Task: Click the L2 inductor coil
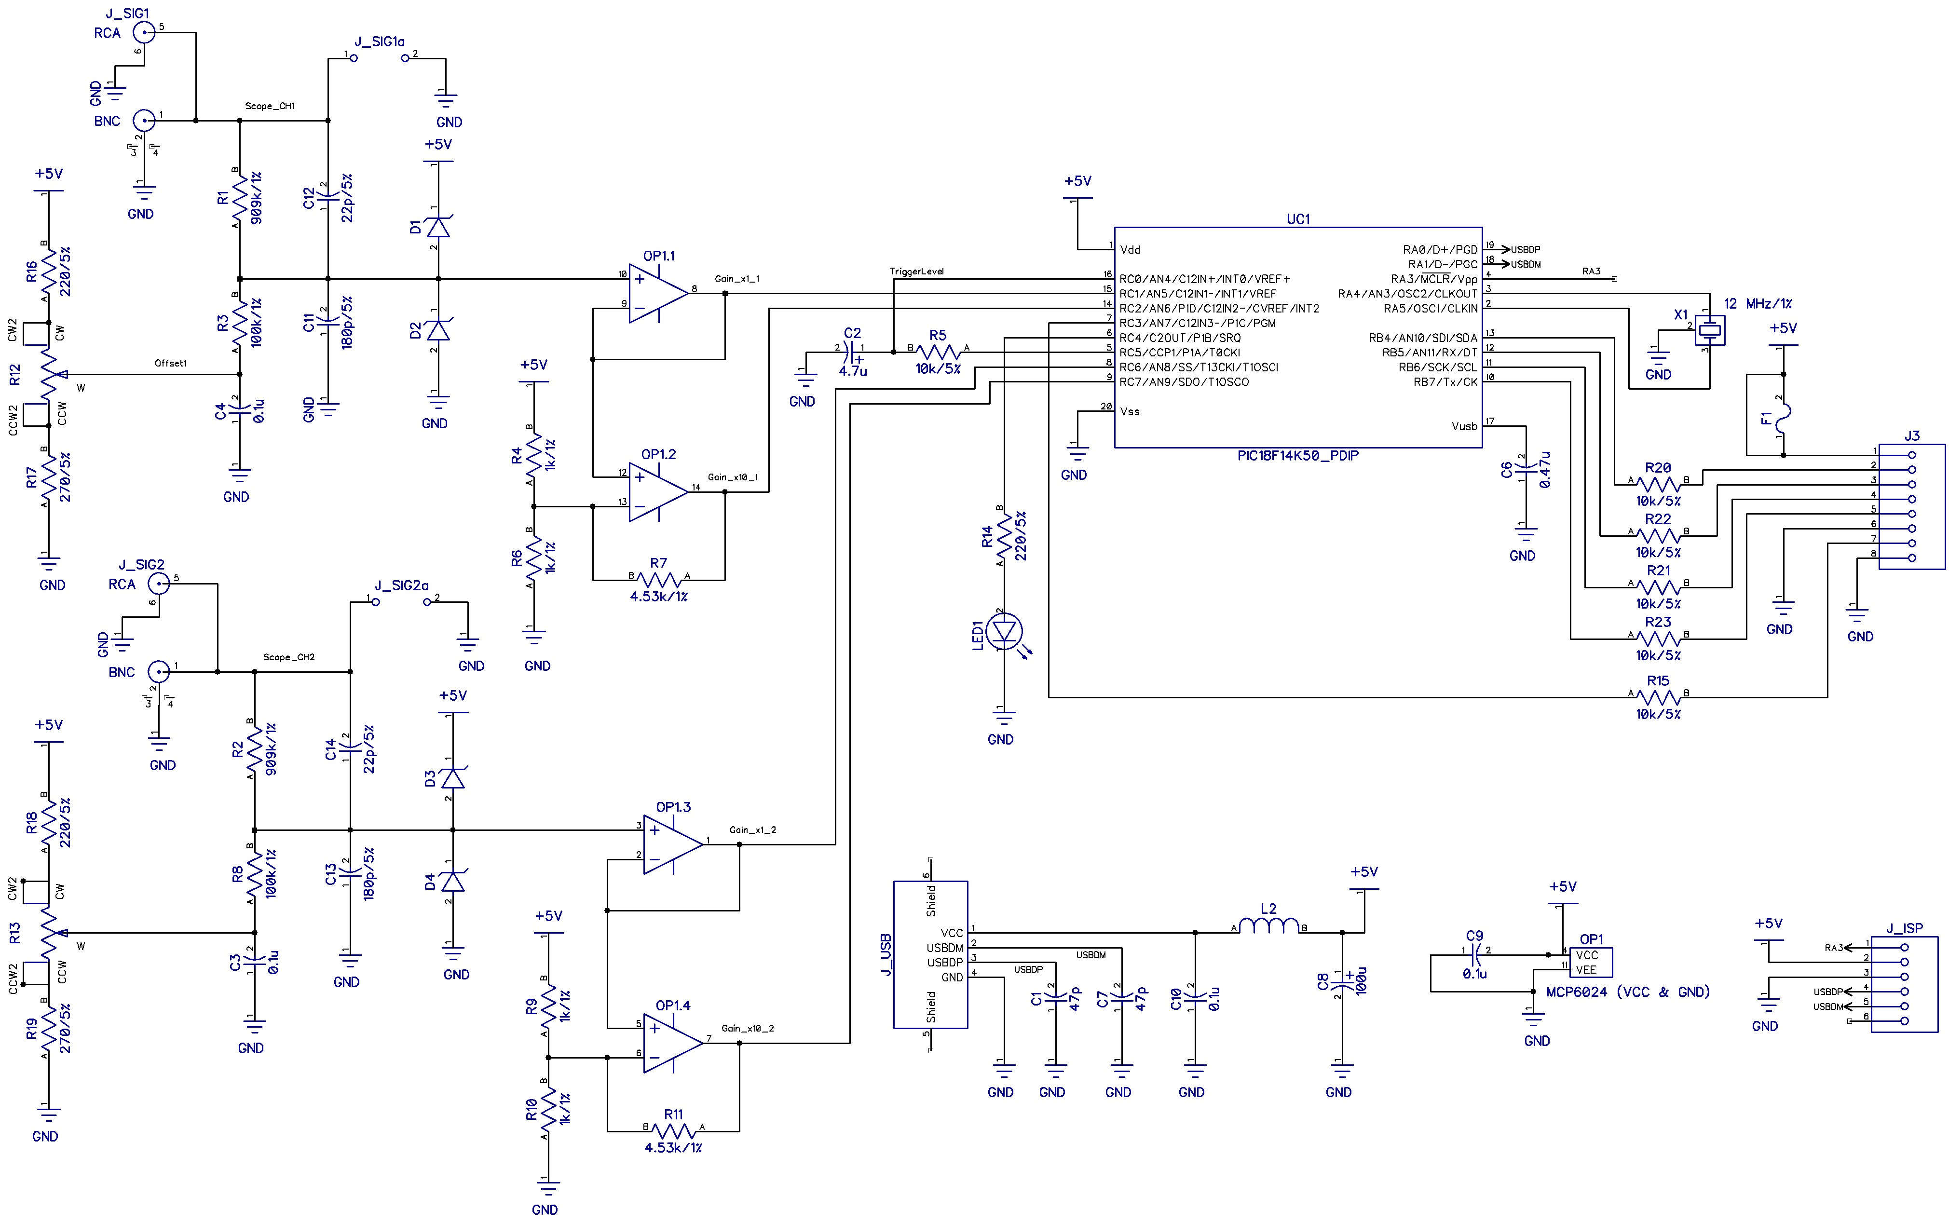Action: click(1268, 926)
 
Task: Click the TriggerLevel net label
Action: click(916, 272)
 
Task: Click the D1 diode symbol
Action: click(437, 227)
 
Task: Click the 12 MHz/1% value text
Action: click(1758, 304)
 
